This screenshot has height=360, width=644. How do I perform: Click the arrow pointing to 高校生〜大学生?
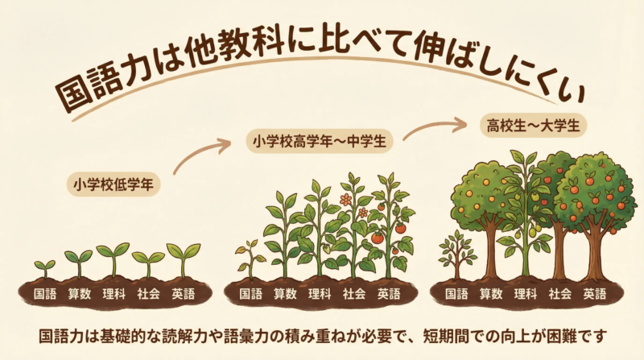click(x=435, y=127)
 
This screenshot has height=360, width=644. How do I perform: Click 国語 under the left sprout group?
click(x=45, y=294)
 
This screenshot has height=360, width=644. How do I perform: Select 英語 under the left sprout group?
click(x=184, y=294)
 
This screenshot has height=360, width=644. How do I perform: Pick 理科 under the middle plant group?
click(x=320, y=294)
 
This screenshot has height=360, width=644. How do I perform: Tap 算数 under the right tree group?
click(x=491, y=294)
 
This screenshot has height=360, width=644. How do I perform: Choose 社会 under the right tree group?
click(x=560, y=294)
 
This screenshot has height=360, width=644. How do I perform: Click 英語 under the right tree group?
click(x=595, y=294)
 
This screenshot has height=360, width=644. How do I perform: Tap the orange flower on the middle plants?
click(x=345, y=198)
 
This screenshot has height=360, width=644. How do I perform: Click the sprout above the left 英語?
click(x=183, y=259)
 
